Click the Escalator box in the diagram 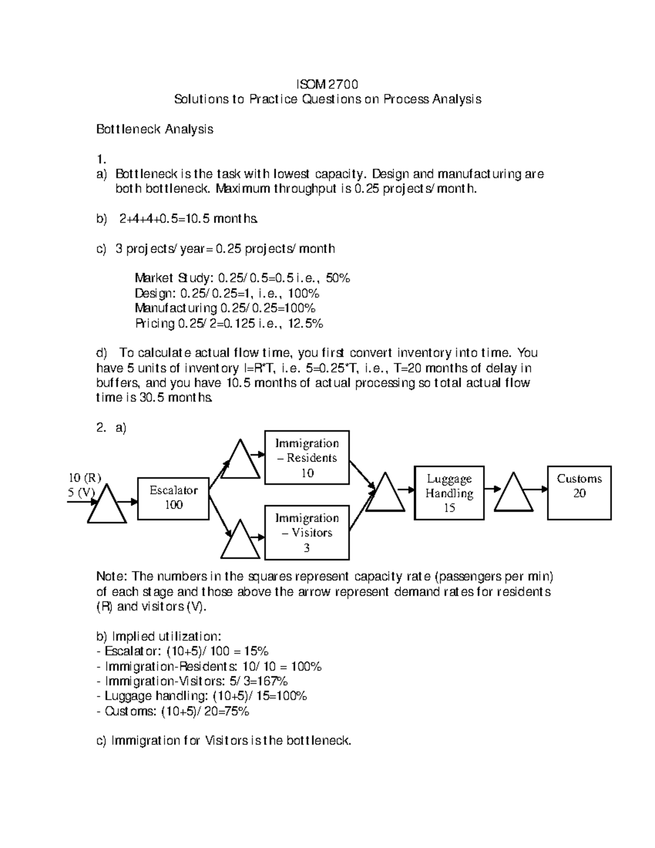[173, 497]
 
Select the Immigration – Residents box [307, 458]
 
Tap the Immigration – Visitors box [307, 532]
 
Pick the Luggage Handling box [449, 493]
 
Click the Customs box [579, 493]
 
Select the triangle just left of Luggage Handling [385, 494]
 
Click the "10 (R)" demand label [85, 477]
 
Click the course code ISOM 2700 [327, 84]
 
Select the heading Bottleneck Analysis [154, 129]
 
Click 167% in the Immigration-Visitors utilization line [273, 681]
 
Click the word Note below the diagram [111, 577]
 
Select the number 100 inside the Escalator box [174, 505]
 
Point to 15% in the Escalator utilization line [255, 651]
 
